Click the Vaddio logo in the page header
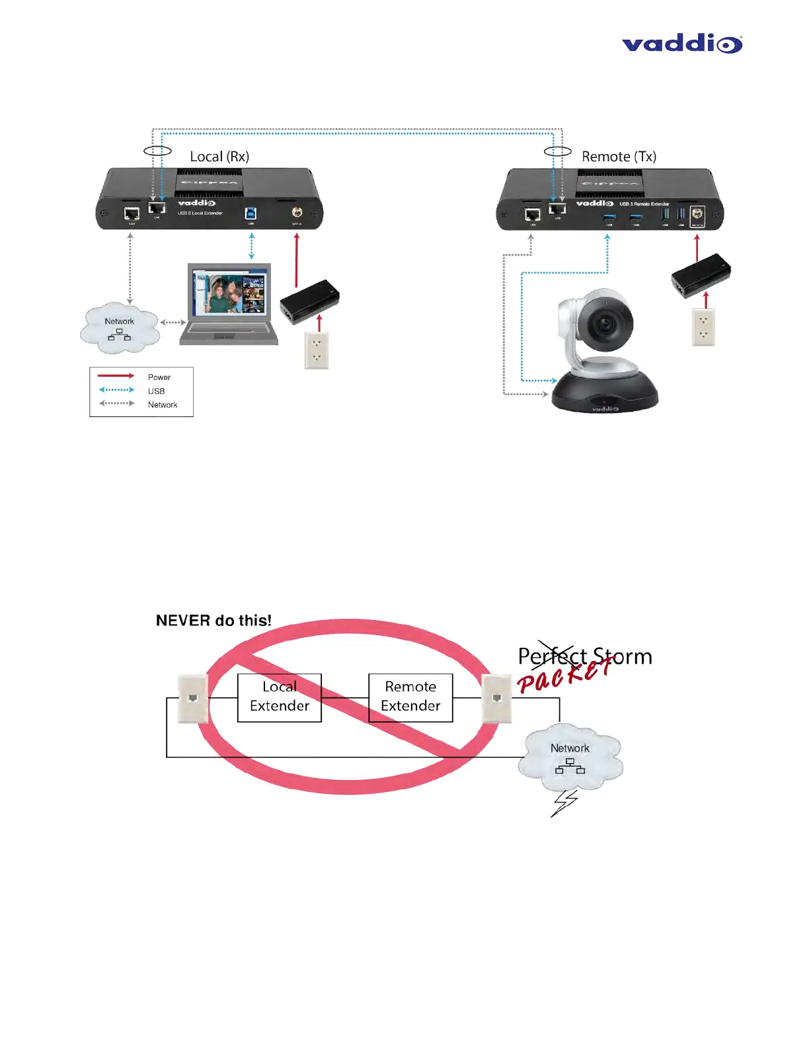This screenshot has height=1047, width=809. coord(681,44)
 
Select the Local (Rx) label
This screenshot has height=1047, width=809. coord(219,157)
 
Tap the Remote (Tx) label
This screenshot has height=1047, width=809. coord(619,157)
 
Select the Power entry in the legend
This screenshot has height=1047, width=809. coord(159,377)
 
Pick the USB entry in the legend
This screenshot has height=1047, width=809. coord(156,391)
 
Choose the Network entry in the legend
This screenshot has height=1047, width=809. coord(162,405)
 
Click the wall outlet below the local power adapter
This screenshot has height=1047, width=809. coord(317,350)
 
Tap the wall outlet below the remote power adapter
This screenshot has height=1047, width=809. coord(703,327)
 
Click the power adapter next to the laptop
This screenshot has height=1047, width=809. coord(309,301)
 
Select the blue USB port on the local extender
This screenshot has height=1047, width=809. coord(251,213)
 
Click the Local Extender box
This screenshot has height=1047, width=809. coord(280,697)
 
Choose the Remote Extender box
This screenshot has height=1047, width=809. coord(410,697)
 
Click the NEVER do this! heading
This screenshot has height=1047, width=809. coord(213,621)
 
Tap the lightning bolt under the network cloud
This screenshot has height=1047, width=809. coord(564,802)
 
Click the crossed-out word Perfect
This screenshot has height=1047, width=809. coord(553,656)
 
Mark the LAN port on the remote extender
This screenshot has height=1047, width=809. coord(533,214)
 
